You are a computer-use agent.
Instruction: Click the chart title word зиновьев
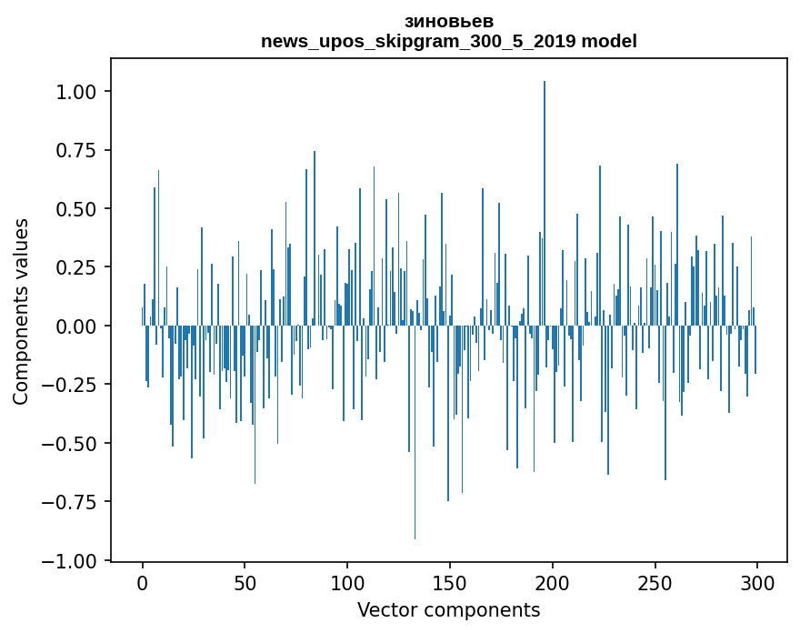(x=448, y=22)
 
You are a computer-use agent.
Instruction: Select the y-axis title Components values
(x=21, y=311)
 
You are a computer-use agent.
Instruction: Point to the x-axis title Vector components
(x=448, y=610)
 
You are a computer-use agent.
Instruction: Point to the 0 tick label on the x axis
(x=143, y=583)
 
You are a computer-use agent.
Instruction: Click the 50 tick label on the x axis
(x=245, y=583)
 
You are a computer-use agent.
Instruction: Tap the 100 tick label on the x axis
(x=347, y=583)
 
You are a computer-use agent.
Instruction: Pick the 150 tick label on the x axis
(x=449, y=583)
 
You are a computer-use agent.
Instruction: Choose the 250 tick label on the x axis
(x=655, y=583)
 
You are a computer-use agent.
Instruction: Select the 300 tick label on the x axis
(x=757, y=583)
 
